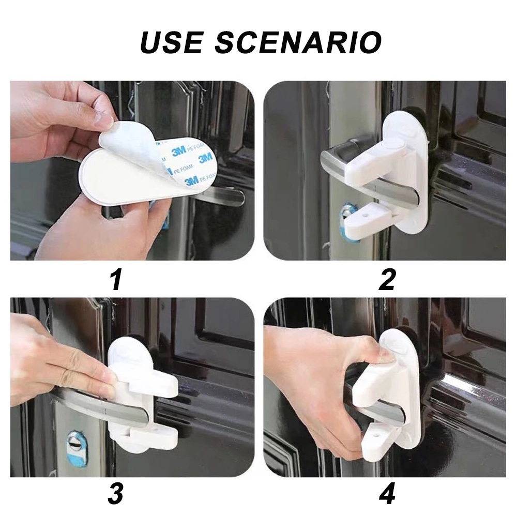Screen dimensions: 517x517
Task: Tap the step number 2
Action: [x=386, y=279]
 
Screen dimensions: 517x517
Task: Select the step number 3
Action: [x=116, y=494]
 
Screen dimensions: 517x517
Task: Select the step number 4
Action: [x=386, y=494]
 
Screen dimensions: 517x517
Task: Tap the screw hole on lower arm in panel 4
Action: [x=375, y=435]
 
